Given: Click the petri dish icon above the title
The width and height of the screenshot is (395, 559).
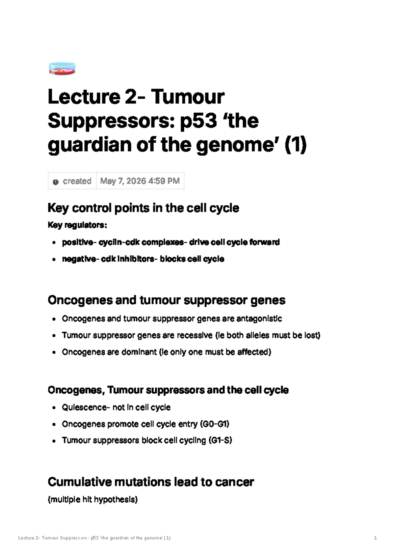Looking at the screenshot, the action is pos(62,69).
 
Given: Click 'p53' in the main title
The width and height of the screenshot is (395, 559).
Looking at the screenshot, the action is pos(198,121).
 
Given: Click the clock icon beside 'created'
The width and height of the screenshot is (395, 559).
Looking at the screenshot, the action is pos(56,182).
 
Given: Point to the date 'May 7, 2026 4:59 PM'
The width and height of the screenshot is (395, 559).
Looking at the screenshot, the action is pos(140,181).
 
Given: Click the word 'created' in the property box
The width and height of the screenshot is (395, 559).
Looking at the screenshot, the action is pos(77,181).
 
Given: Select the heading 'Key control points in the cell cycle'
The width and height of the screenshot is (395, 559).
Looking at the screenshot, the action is pos(144,208).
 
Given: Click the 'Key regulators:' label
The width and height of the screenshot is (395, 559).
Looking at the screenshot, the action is pos(77,225).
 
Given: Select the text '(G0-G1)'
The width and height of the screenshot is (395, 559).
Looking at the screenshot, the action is pos(215,424).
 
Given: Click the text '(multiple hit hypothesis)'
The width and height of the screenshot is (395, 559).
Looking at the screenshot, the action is pos(92,499).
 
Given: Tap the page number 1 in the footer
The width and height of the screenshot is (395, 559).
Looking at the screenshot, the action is pos(376,538).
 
